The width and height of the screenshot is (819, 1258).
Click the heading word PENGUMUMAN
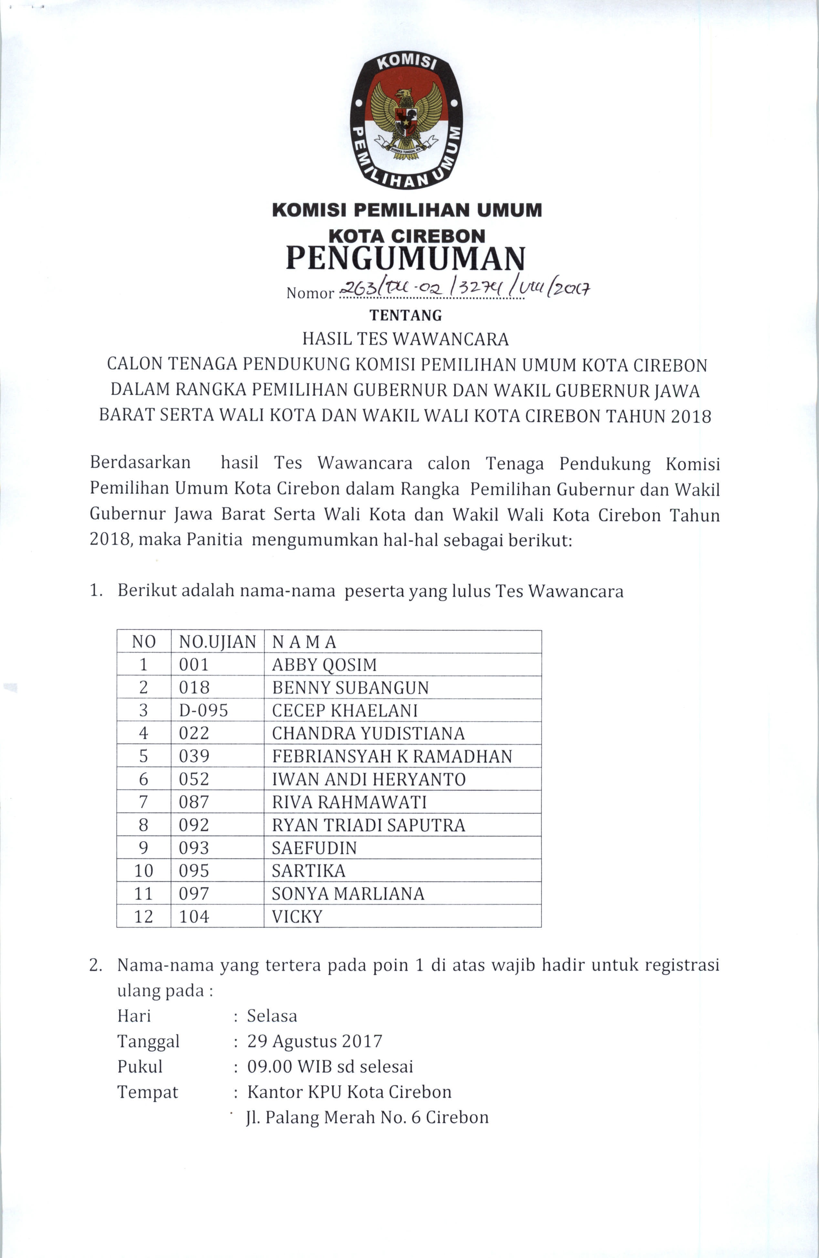click(406, 258)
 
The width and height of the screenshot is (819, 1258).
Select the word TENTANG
click(406, 315)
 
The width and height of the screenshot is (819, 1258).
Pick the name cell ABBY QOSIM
click(324, 665)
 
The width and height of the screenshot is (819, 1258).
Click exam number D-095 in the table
click(203, 710)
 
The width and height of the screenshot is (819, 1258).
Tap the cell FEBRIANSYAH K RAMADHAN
click(392, 757)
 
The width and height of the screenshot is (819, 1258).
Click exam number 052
click(194, 779)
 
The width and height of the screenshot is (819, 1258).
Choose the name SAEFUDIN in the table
click(314, 848)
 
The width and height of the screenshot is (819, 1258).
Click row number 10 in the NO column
click(143, 871)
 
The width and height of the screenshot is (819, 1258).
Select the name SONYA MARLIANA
click(348, 894)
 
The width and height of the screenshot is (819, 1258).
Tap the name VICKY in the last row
click(296, 917)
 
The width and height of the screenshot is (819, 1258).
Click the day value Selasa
click(272, 1016)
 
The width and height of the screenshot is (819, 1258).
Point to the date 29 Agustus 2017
click(315, 1041)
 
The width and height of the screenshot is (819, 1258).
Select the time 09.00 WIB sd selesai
click(330, 1067)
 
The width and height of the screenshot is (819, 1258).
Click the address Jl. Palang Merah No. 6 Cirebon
click(368, 1118)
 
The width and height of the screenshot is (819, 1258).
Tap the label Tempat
click(148, 1092)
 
